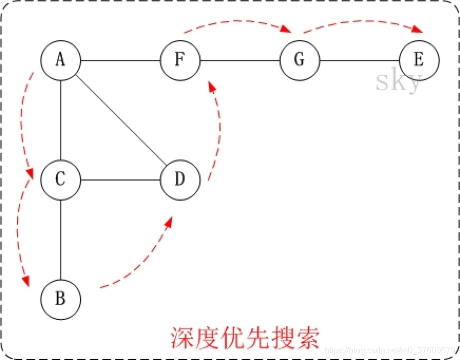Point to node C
61,179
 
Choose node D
180,179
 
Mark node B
61,299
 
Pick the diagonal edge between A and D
121,120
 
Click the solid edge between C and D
120,179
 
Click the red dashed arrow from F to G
237,23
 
